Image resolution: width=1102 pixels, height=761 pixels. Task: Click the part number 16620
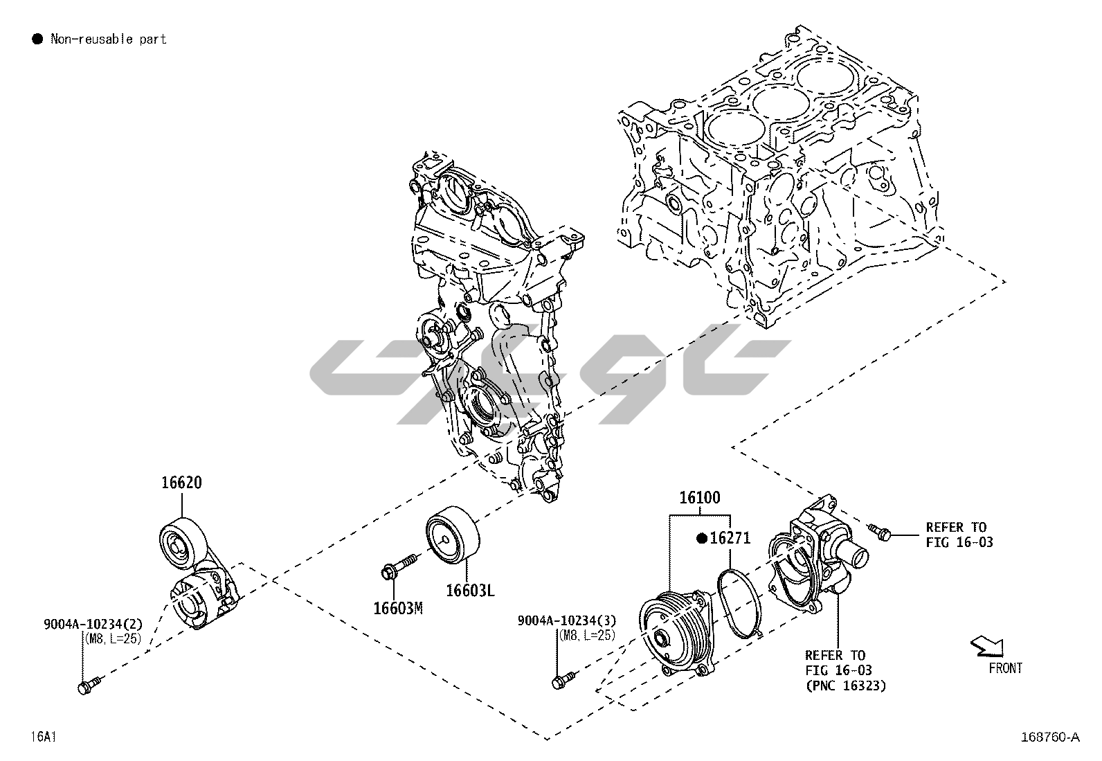181,483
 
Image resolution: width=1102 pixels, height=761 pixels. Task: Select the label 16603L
470,590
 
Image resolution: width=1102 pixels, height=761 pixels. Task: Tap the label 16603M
397,608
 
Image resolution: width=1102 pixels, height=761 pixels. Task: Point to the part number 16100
699,497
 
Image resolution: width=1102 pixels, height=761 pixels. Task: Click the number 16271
730,537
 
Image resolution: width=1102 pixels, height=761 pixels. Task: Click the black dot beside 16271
703,537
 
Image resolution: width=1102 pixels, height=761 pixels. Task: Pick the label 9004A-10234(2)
93,625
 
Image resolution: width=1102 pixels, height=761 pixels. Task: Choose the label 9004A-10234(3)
566,620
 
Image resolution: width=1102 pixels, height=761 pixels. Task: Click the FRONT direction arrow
987,646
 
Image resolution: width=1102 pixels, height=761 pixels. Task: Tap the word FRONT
1005,668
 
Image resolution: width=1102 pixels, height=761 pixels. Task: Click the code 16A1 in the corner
43,736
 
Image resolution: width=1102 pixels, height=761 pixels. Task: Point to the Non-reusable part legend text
109,39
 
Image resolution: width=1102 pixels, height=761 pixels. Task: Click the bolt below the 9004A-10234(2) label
88,686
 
